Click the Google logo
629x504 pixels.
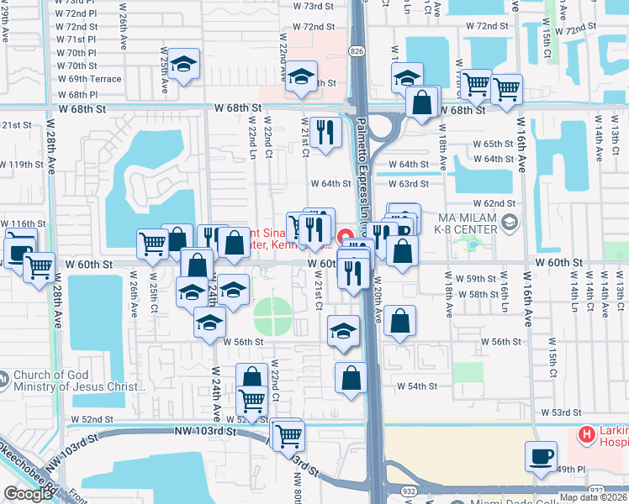click(x=28, y=494)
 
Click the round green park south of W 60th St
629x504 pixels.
click(x=272, y=316)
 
